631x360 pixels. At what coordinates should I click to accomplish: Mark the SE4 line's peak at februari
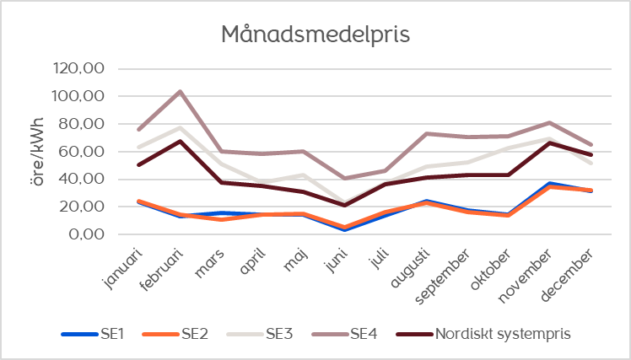click(180, 91)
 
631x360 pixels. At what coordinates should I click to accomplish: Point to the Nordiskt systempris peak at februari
click(180, 141)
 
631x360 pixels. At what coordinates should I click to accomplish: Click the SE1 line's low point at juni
click(344, 230)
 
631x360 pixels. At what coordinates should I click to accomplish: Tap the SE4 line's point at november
click(549, 123)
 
